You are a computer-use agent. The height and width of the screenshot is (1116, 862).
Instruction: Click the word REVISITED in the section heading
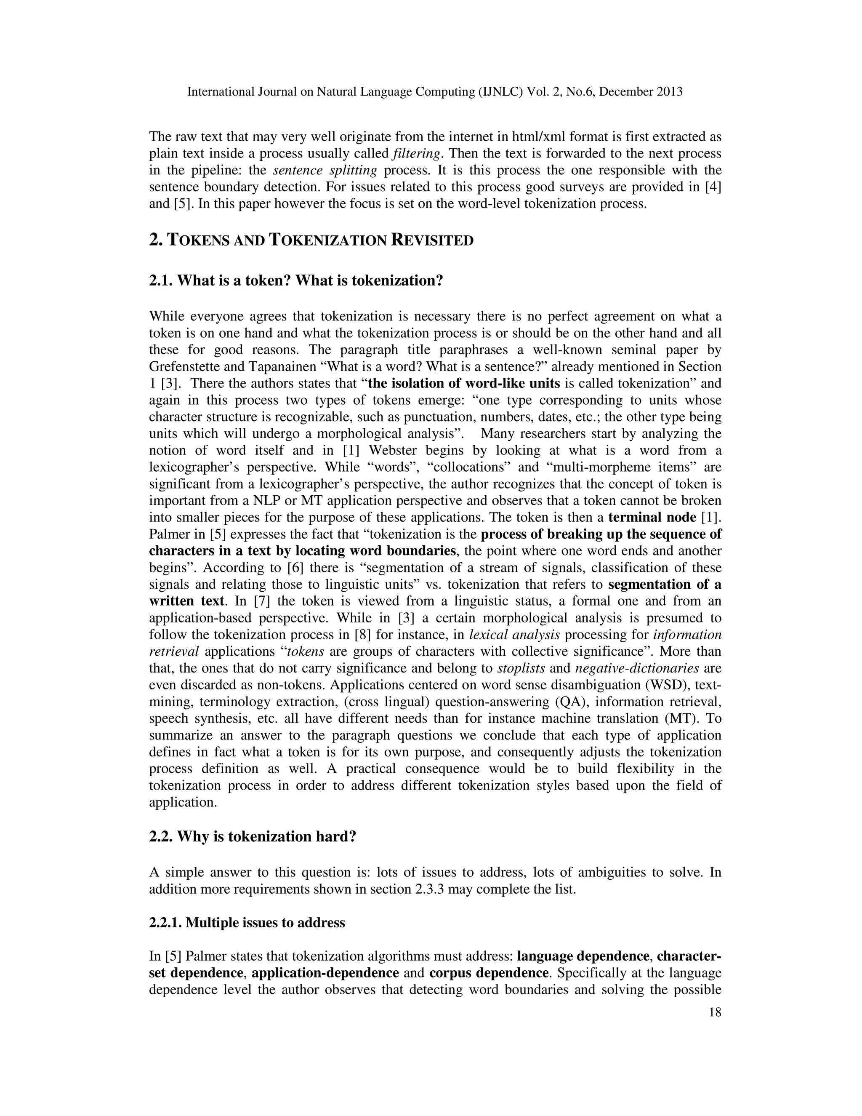tap(432, 240)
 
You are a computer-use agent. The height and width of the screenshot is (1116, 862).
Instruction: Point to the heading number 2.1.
tap(160, 280)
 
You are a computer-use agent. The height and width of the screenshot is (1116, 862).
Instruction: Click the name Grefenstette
tap(187, 367)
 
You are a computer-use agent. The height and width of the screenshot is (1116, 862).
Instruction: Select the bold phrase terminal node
tap(652, 518)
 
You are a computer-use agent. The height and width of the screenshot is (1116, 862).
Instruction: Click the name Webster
tap(394, 451)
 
